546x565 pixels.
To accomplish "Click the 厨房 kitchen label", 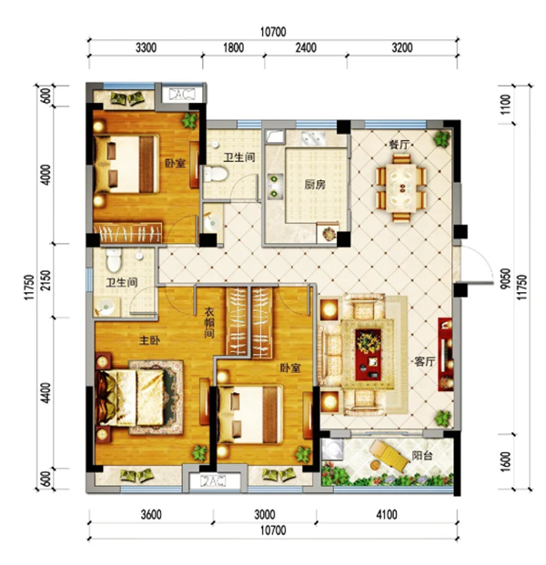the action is click(x=315, y=185).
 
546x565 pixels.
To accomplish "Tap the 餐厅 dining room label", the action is click(x=399, y=145).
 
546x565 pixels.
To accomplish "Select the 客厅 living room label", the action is click(x=425, y=361).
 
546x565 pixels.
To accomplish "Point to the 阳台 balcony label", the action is click(x=422, y=456).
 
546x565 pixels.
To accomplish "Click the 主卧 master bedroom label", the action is click(x=149, y=339).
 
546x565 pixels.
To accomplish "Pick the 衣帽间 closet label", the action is click(x=209, y=322).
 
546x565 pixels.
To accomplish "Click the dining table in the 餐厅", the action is click(x=401, y=187).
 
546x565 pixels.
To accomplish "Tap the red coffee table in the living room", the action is click(x=369, y=354).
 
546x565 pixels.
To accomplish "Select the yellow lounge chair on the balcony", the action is click(x=389, y=456).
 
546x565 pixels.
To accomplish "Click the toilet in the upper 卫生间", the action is click(x=215, y=174).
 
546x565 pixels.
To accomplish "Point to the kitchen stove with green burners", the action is click(x=275, y=186).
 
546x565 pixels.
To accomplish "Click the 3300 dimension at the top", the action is click(x=146, y=47).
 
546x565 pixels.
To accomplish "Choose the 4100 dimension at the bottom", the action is click(x=387, y=514).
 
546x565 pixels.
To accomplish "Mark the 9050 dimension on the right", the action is click(x=506, y=278).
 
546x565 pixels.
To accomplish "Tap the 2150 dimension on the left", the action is click(x=46, y=281).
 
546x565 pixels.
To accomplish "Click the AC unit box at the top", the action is click(x=182, y=94).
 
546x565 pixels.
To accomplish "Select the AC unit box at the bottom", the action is click(x=213, y=481).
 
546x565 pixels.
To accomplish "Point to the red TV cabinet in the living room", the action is click(x=446, y=354).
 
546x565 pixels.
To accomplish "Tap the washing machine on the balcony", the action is click(x=333, y=449).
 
